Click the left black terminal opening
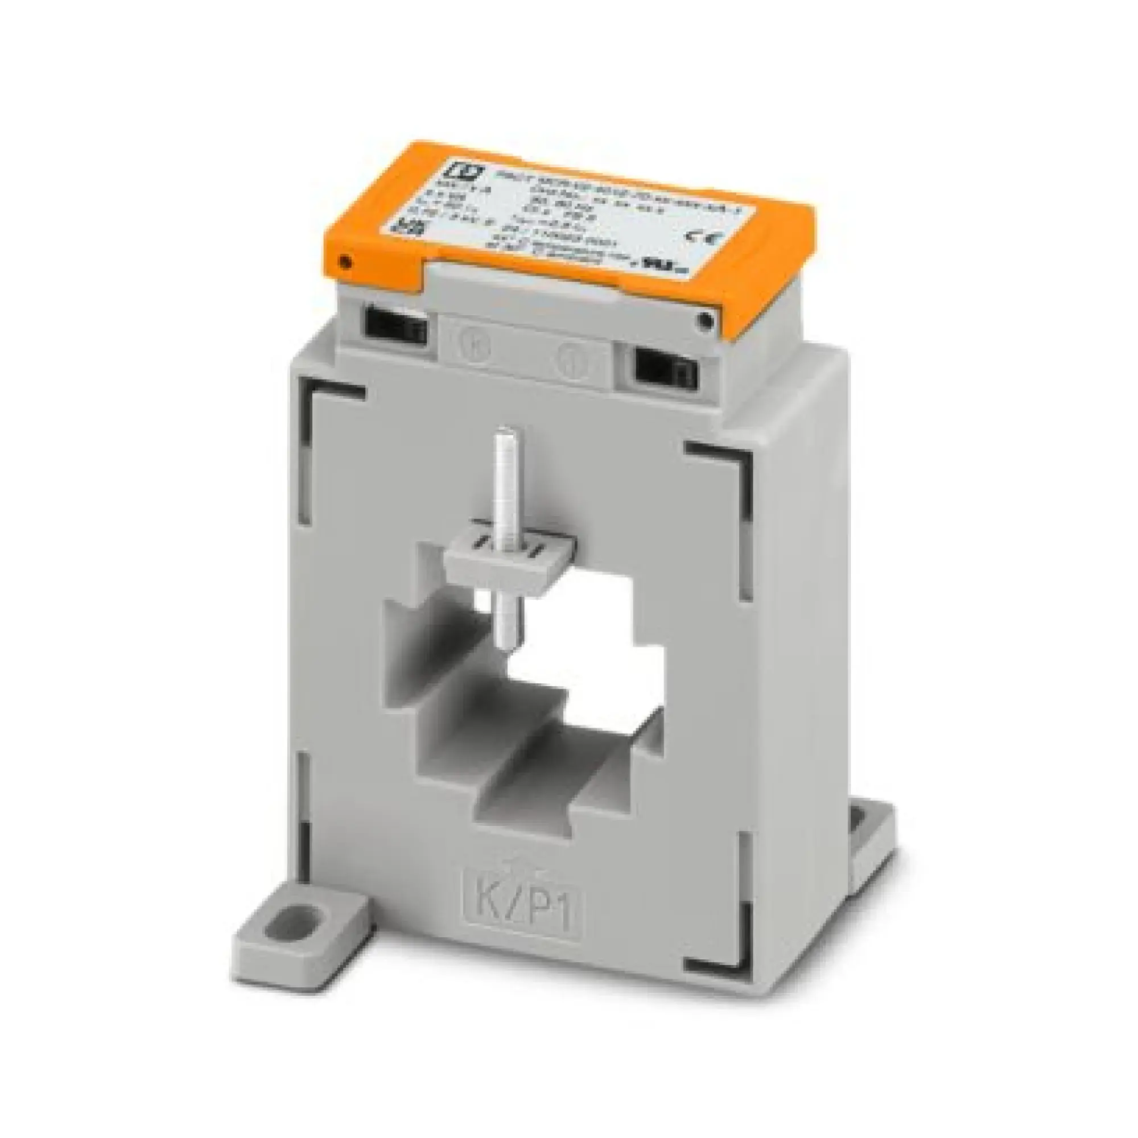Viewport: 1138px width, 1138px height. click(x=396, y=325)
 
